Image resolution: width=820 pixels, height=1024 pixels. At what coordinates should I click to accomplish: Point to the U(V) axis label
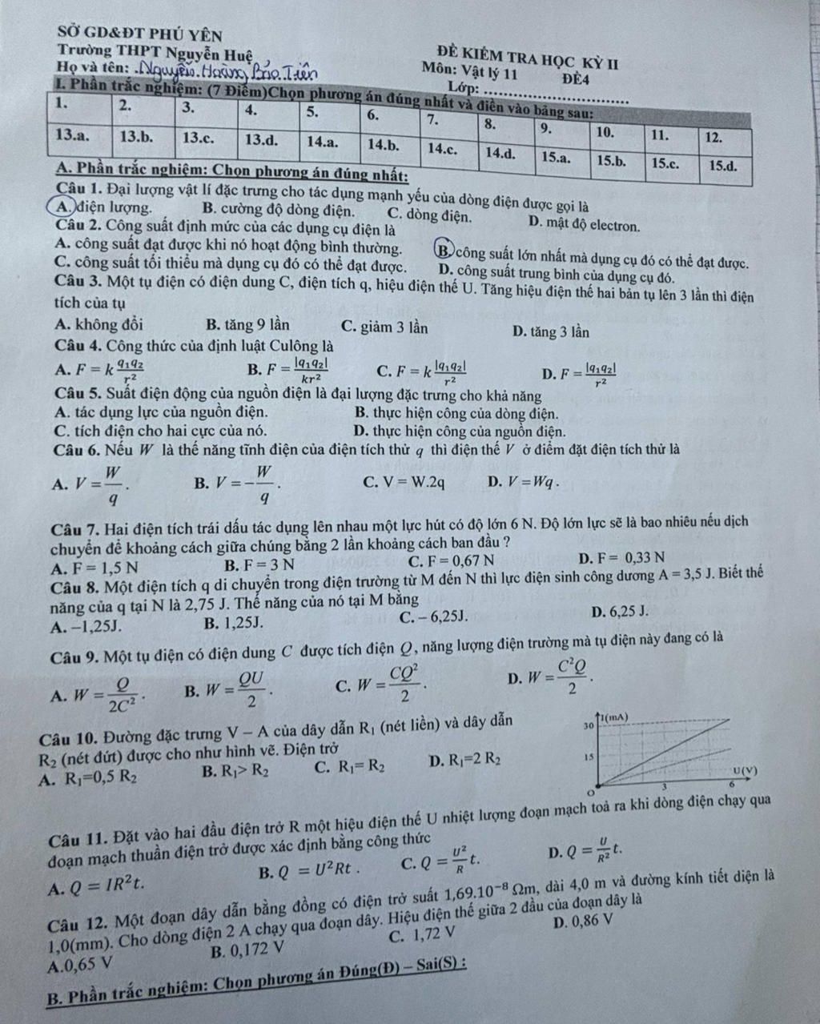(x=742, y=770)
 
